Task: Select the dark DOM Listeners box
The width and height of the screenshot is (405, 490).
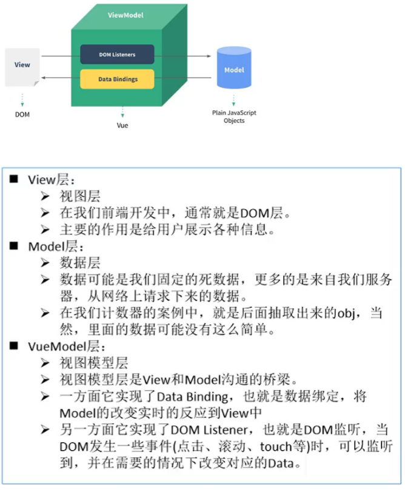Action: tap(117, 55)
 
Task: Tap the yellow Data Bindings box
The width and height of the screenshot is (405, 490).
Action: tap(118, 79)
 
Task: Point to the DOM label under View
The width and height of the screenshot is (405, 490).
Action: tap(22, 114)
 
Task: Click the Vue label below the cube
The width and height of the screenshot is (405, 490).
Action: tap(122, 125)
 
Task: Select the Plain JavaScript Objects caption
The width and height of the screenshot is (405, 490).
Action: tap(234, 117)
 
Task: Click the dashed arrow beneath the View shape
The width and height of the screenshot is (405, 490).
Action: tap(22, 99)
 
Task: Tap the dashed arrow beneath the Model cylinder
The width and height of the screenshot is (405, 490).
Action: tap(234, 99)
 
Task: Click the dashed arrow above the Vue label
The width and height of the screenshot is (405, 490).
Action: tap(122, 111)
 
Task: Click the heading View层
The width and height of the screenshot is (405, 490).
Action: tap(51, 180)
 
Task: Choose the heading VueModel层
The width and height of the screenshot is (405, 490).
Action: tap(67, 346)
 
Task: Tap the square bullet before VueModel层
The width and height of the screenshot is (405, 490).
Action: tap(15, 346)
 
